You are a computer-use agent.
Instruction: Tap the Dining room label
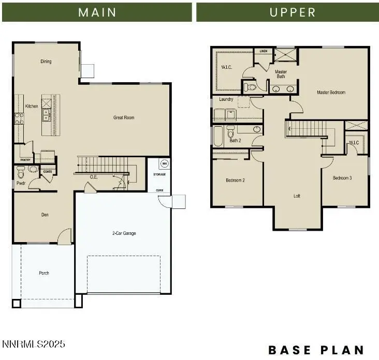point(46,62)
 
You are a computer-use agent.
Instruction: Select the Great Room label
point(124,117)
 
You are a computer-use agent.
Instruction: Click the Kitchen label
point(32,106)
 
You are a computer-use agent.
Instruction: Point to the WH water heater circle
point(165,163)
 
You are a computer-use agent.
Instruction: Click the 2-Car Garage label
point(124,233)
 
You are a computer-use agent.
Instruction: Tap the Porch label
point(44,273)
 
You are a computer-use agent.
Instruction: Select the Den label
point(45,215)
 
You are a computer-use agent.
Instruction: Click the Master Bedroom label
point(331,93)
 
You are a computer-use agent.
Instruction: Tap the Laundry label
point(226,99)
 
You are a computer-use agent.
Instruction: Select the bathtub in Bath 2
point(217,136)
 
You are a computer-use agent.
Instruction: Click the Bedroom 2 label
point(235,181)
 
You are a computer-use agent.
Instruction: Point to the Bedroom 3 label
point(342,178)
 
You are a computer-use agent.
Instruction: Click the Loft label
point(297,196)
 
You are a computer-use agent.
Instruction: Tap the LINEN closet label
point(263,51)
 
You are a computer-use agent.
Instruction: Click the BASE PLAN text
point(316,350)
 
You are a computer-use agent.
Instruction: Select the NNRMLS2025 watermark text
point(34,344)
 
